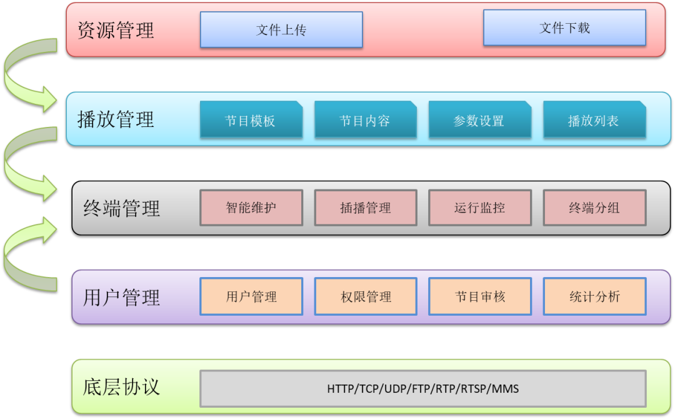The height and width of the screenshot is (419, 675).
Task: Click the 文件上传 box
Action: (281, 29)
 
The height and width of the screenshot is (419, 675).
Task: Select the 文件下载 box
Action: (564, 28)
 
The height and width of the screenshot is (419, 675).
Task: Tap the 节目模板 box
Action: (251, 120)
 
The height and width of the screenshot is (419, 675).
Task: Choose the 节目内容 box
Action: (365, 120)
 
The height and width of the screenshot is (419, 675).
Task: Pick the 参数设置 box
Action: (479, 120)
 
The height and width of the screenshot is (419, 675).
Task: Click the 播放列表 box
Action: (594, 120)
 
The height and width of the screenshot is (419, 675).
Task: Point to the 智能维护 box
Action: (251, 208)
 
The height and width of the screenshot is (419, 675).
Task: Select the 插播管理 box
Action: (366, 208)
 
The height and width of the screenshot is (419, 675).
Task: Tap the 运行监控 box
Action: (480, 208)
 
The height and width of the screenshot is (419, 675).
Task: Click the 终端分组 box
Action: (594, 208)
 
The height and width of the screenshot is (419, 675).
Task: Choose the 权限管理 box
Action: (366, 296)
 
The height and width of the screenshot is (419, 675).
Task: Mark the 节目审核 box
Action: (480, 296)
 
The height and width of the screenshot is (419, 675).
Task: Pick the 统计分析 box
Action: (594, 296)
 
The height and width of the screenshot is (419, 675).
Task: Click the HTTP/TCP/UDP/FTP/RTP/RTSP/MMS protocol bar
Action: (422, 388)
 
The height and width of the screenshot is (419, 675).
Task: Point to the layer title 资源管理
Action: (116, 30)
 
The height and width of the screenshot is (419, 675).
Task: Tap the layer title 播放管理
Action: (116, 119)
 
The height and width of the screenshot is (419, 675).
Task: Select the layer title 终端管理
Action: (122, 208)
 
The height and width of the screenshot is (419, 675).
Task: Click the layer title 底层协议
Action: (121, 386)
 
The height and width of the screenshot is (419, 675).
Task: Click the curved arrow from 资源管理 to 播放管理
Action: (25, 75)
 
